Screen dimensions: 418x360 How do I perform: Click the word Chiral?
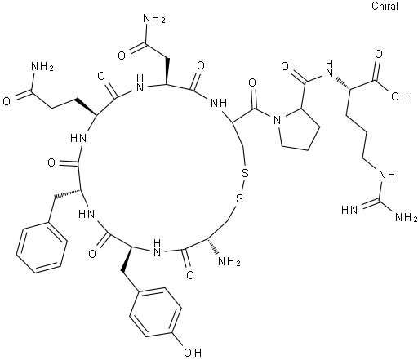point(385,6)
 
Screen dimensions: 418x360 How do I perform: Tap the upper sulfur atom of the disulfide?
point(245,173)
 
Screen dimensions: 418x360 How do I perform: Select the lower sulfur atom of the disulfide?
point(239,198)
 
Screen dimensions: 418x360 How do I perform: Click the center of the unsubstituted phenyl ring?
point(42,247)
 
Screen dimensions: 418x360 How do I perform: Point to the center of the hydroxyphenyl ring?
point(155,312)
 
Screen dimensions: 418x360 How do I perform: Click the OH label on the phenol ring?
point(193,353)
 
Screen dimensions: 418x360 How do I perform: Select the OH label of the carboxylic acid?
point(399,96)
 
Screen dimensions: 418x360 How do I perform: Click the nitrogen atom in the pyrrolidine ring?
point(277,120)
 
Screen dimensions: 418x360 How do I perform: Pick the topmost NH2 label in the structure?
point(154,19)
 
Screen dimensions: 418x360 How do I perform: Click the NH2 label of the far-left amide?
point(42,66)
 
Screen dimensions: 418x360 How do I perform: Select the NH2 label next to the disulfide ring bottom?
point(229,262)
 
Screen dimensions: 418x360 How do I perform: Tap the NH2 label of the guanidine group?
point(406,217)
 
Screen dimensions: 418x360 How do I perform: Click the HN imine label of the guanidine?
point(349,210)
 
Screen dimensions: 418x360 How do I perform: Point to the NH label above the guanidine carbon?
point(387,174)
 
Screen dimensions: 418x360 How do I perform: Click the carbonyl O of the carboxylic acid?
point(379,54)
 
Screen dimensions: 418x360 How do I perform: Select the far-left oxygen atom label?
point(7,101)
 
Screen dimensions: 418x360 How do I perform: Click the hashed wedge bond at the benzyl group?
point(68,193)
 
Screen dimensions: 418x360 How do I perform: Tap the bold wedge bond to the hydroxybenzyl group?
point(127,260)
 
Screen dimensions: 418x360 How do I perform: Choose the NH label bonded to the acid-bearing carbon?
point(329,69)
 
